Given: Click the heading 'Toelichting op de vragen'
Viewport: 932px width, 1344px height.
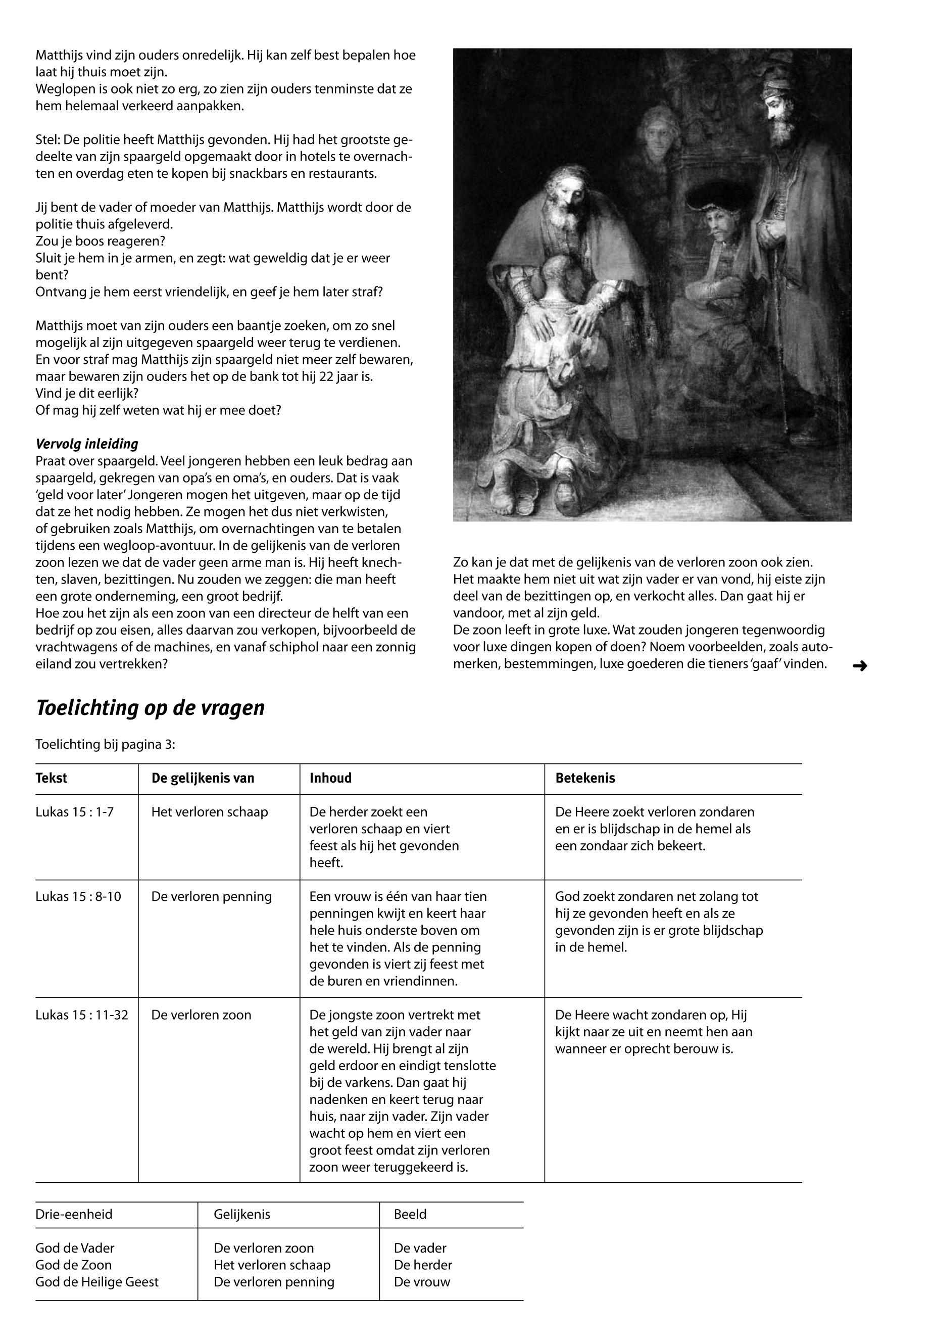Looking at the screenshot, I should point(150,707).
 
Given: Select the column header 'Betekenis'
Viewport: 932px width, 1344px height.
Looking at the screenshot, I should point(585,778).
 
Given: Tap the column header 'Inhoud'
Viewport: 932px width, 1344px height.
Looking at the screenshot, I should point(330,778).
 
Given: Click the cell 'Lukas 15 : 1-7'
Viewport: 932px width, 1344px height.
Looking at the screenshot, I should point(75,812).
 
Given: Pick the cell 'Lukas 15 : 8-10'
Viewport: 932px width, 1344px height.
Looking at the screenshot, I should point(78,896).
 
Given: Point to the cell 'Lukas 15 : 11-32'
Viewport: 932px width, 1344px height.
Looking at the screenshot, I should point(82,1015).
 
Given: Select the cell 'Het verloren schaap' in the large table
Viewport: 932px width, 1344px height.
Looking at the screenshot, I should point(210,812).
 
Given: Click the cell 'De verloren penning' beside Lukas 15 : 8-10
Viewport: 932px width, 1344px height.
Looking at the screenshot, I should point(211,896).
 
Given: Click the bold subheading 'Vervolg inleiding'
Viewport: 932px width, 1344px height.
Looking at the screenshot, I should point(87,444).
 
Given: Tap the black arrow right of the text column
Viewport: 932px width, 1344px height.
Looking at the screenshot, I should point(860,665).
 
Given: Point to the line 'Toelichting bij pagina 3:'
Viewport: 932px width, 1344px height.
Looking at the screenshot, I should point(105,744).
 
